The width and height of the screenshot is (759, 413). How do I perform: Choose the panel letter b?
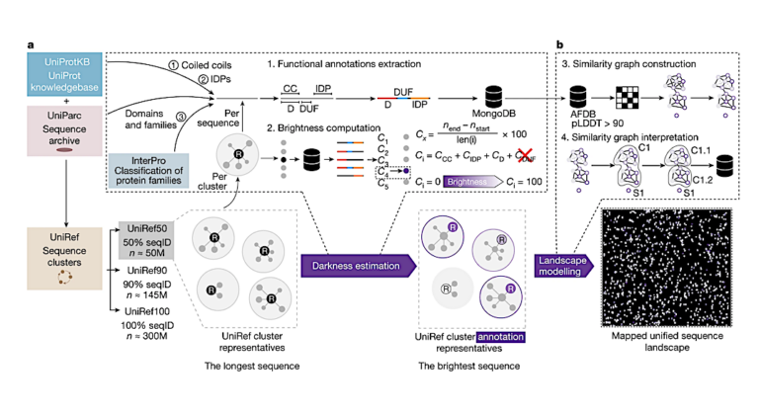[x=560, y=44]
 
